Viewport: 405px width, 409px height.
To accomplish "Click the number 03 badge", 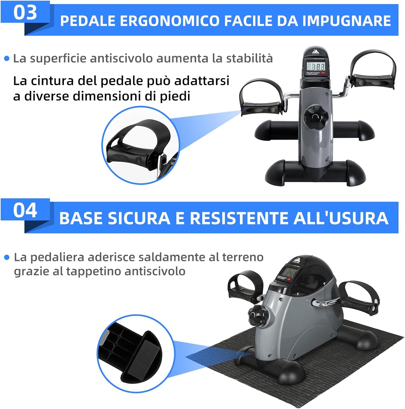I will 25,12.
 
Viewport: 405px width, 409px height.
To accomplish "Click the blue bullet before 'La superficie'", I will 7,59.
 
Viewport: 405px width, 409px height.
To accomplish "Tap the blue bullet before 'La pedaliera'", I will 7,257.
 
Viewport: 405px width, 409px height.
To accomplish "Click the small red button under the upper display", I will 323,73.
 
